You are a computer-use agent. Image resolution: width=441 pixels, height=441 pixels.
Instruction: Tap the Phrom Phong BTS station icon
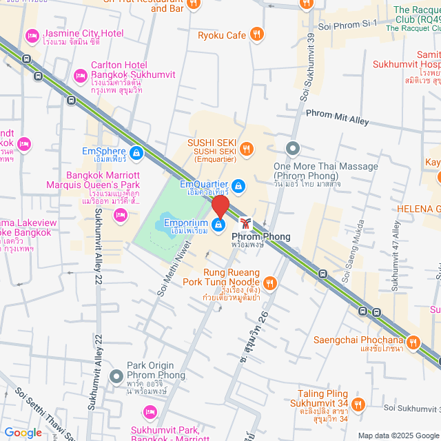[x=246, y=223]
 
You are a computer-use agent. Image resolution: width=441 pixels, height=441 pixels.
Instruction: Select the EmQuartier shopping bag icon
[x=238, y=185]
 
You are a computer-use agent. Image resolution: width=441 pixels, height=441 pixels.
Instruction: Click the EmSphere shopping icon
[x=136, y=152]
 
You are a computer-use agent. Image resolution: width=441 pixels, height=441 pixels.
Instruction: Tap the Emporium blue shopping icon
[x=218, y=225]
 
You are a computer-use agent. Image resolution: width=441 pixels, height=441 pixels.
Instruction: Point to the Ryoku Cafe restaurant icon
[x=257, y=34]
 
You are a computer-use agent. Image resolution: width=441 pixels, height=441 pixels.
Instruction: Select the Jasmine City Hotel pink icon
[x=32, y=35]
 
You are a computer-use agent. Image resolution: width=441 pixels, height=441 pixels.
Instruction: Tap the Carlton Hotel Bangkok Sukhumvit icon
[x=80, y=74]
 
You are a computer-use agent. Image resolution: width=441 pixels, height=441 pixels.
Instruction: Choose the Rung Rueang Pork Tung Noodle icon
[x=270, y=282]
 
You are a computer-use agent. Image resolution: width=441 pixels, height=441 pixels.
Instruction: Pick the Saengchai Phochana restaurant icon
[x=413, y=342]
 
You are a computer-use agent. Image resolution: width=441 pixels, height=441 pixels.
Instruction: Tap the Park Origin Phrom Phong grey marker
[x=116, y=376]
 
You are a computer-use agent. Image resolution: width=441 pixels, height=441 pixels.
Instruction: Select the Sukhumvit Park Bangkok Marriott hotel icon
[x=150, y=412]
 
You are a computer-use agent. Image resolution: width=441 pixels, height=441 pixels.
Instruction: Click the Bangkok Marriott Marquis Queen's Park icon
[x=121, y=216]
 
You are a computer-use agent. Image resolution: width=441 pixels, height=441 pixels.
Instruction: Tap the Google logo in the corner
[x=22, y=433]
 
